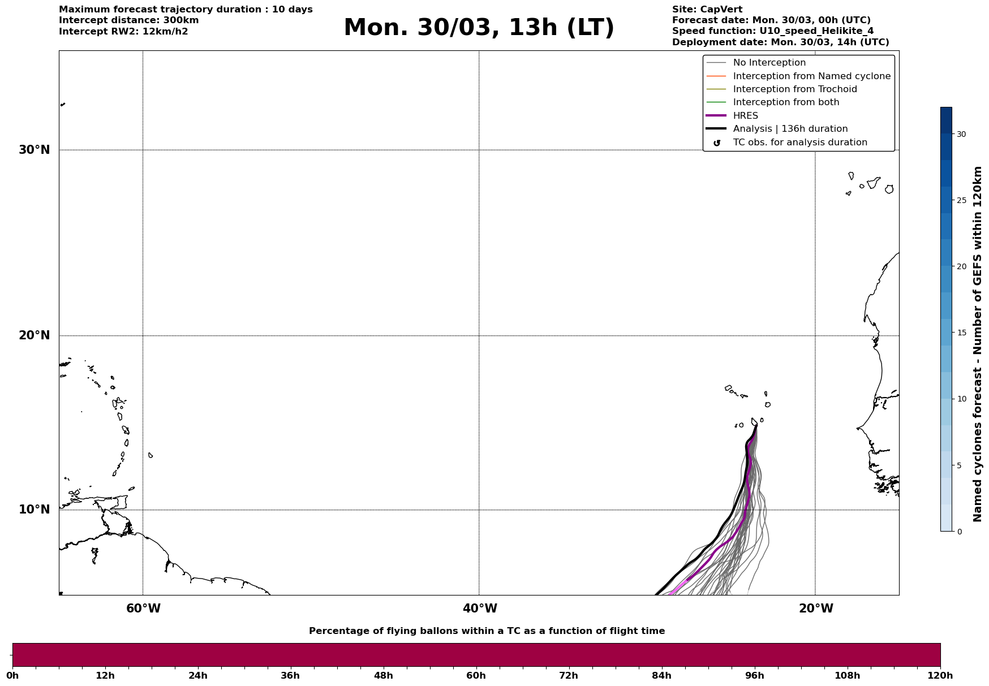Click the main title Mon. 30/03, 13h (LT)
[479, 28]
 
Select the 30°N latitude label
[35, 150]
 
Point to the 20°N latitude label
[35, 335]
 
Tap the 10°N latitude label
[35, 510]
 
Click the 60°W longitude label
[143, 609]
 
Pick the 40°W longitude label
[480, 609]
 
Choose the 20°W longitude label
[816, 609]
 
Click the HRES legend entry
[745, 116]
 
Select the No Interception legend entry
[769, 63]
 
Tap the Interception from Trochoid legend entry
[794, 89]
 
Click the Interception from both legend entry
[786, 102]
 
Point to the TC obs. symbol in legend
[717, 143]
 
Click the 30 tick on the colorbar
[961, 134]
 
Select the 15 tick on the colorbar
[961, 333]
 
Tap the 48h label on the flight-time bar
[383, 676]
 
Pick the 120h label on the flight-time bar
[940, 676]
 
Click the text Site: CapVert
[707, 10]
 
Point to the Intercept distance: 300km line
[128, 20]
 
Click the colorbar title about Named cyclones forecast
[977, 344]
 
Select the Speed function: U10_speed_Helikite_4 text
[772, 31]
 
